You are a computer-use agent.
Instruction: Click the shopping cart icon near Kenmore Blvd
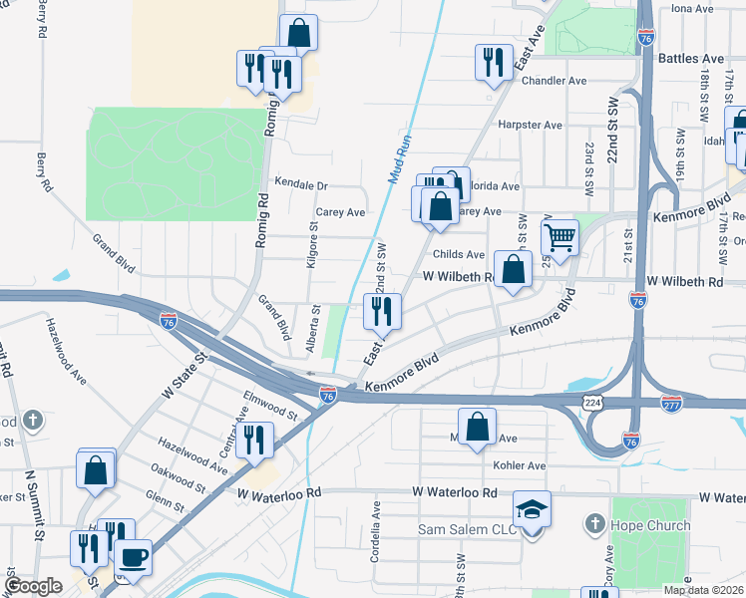(560, 238)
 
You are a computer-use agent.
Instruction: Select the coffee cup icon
(133, 557)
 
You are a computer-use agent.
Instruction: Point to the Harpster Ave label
(532, 126)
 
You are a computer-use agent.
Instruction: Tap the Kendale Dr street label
(300, 185)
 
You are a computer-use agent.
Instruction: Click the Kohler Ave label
(519, 465)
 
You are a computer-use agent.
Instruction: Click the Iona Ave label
(693, 8)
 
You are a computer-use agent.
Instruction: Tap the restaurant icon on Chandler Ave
(492, 64)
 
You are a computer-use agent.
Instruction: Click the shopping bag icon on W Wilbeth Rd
(513, 271)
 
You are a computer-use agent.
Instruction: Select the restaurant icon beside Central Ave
(254, 440)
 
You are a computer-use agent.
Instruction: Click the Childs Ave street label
(459, 255)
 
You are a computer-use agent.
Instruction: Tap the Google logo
(33, 586)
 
